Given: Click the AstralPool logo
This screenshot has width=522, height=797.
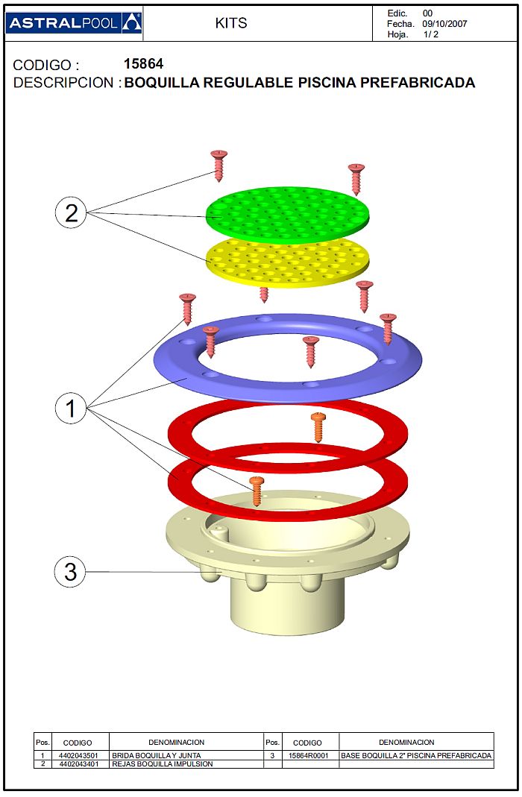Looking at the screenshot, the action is (x=74, y=23).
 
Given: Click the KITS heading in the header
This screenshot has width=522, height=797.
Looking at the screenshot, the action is (x=230, y=23).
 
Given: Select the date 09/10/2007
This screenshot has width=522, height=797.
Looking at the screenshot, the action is (x=444, y=24).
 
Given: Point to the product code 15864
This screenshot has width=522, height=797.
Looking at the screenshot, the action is (x=143, y=64).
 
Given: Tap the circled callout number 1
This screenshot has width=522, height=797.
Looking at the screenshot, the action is (x=71, y=408).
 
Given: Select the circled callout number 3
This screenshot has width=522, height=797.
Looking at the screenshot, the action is (x=70, y=571).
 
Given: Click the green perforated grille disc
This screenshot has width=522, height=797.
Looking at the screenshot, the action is (x=288, y=215).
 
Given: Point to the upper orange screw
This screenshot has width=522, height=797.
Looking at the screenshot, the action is (x=318, y=427).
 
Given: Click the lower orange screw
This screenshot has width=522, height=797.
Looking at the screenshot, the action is (x=257, y=491).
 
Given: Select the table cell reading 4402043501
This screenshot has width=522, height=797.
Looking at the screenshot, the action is (x=78, y=755).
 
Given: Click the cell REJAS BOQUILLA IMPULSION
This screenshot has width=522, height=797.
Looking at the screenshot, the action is (x=162, y=764).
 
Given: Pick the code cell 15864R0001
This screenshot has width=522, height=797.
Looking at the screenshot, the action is (x=309, y=755).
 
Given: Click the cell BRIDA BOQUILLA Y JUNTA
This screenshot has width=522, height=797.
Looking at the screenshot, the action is (x=156, y=755).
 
